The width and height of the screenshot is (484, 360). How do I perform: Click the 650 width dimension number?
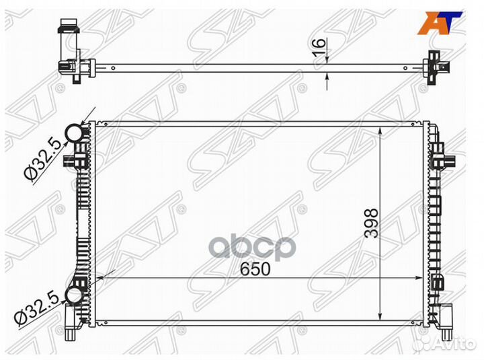(255, 269)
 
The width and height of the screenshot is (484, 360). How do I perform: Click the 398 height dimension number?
(371, 223)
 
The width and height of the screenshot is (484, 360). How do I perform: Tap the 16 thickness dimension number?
(319, 47)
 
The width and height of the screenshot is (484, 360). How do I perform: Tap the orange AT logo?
(440, 23)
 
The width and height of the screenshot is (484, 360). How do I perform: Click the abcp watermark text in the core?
(253, 248)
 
